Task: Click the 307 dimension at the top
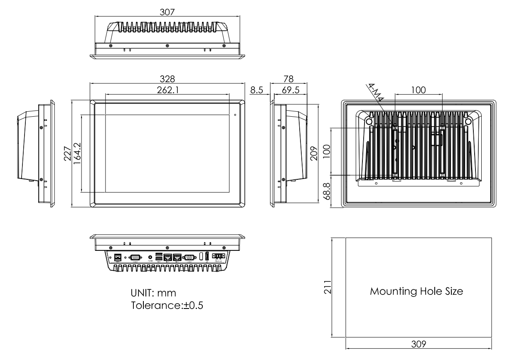[167, 12]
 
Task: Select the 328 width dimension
[167, 79]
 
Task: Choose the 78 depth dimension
[288, 79]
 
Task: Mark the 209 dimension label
[315, 153]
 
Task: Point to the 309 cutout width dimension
[419, 344]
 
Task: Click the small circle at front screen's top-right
[235, 115]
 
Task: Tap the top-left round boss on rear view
[369, 121]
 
